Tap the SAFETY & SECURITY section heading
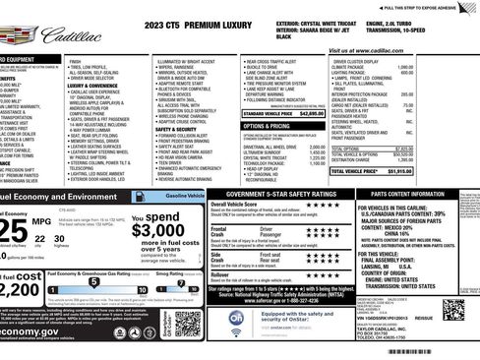click(176, 129)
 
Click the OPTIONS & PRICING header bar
click(268, 126)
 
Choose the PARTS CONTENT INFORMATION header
click(420, 196)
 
